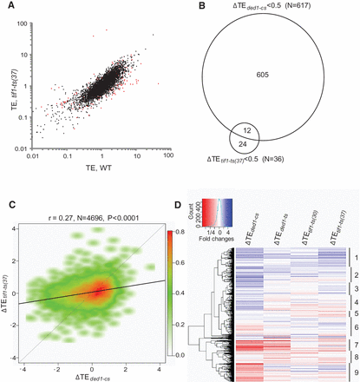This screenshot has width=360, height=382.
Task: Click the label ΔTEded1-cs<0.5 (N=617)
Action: coord(278,6)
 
